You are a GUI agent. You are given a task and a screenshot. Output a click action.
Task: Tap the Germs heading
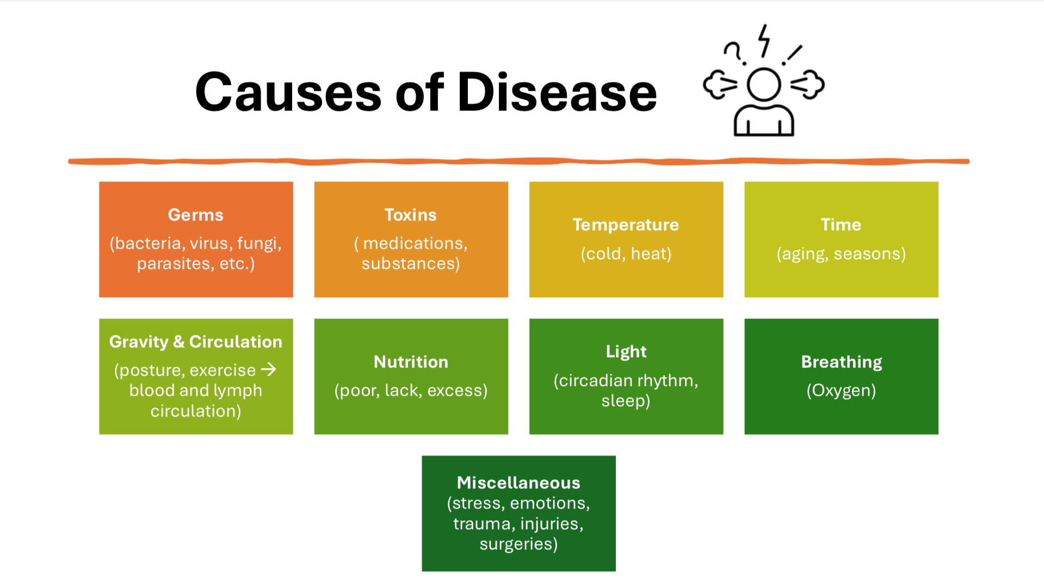(x=196, y=215)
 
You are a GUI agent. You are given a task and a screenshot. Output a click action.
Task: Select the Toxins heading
(x=411, y=215)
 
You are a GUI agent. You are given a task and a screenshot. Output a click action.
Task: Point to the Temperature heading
(x=626, y=224)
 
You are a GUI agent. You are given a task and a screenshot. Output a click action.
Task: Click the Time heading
(x=841, y=224)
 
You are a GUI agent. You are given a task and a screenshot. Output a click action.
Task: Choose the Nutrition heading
(x=411, y=362)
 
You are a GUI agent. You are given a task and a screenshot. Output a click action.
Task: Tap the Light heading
(x=626, y=352)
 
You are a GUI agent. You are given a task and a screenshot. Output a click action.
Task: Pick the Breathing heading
(x=842, y=362)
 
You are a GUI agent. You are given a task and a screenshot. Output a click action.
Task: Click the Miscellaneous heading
(x=518, y=482)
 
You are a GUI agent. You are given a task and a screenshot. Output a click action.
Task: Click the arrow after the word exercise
(x=269, y=370)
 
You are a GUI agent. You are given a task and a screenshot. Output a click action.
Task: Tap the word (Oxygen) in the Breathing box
(x=841, y=390)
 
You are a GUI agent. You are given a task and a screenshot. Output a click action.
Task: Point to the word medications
(x=415, y=243)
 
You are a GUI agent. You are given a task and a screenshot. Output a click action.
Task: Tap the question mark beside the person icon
(x=734, y=53)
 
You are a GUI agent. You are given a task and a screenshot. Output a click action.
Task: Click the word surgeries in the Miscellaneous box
(x=518, y=544)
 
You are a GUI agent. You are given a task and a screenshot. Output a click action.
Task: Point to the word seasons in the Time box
(x=870, y=254)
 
